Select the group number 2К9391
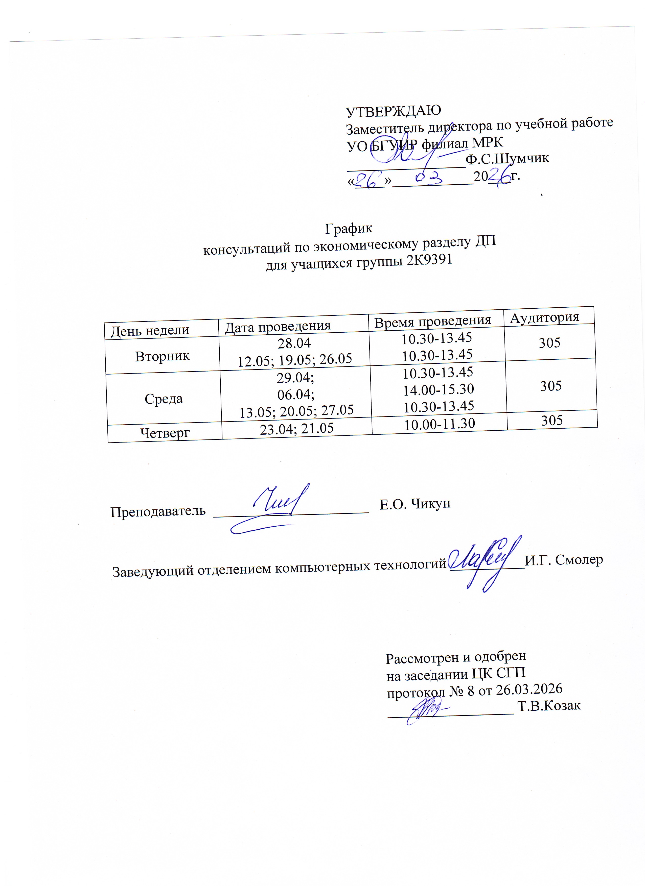(x=429, y=259)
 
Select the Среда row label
(x=164, y=399)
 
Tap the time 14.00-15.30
(x=438, y=389)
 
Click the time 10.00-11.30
(x=439, y=424)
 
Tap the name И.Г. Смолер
(x=563, y=560)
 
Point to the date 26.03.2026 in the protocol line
(x=529, y=689)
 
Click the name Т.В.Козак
(x=549, y=705)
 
